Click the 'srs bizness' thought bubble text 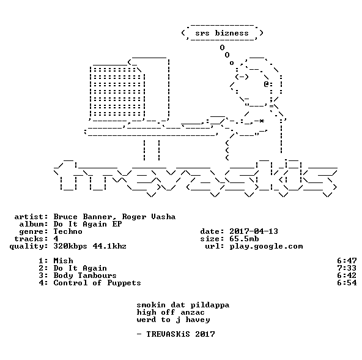pos(222,33)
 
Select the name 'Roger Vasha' pos(149,217)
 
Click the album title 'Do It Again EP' pos(87,224)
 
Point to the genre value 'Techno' pos(68,231)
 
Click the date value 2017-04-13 pos(254,231)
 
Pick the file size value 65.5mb pos(244,239)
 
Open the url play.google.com pos(266,247)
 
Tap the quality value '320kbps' pos(70,247)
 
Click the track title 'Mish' pos(63,261)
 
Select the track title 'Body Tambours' pos(85,276)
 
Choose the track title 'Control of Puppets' pos(97,283)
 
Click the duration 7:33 pos(347,268)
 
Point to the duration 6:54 pos(347,283)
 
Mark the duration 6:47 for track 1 pos(347,261)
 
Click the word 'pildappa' pos(210,305)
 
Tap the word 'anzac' pos(193,313)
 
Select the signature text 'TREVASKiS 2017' pos(180,334)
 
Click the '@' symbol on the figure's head pos(266,84)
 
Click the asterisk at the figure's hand pos(261,121)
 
